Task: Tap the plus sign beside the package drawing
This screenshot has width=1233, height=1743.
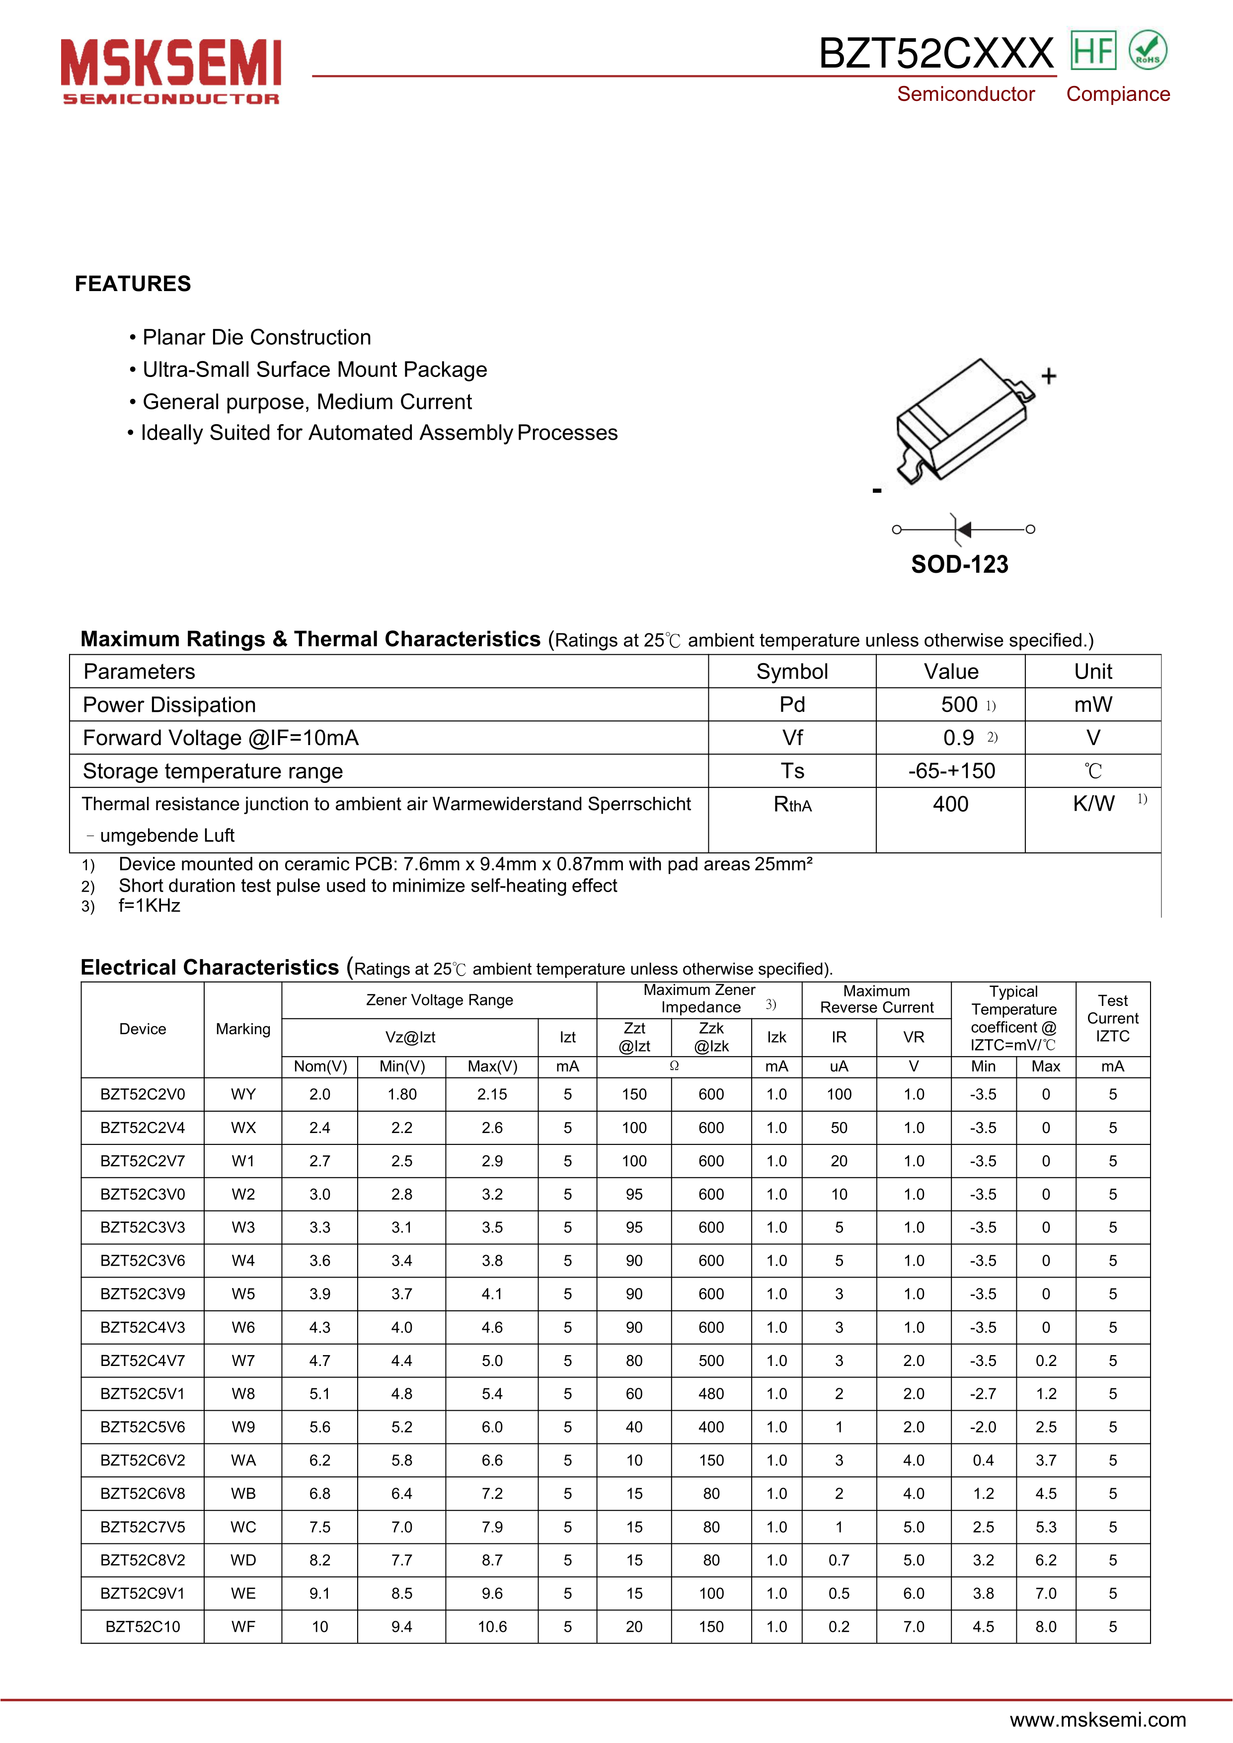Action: (x=1049, y=376)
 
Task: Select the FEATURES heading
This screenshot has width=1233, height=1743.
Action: (x=133, y=284)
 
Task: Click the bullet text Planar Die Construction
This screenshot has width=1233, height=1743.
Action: (x=257, y=337)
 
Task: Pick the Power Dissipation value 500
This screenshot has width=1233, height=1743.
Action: (x=959, y=704)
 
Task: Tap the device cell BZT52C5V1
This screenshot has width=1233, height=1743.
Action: (x=143, y=1394)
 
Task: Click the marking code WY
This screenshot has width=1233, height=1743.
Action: (x=243, y=1094)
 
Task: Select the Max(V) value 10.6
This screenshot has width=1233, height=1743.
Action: (x=492, y=1627)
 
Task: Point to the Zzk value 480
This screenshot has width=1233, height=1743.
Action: (x=711, y=1394)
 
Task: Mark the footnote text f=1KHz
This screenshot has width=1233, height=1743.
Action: (x=150, y=906)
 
